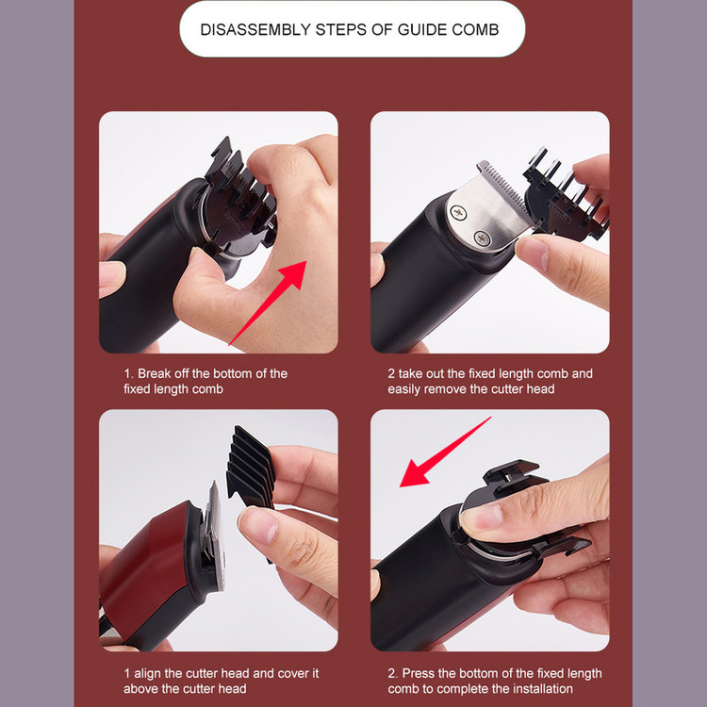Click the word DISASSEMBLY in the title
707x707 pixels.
pos(255,30)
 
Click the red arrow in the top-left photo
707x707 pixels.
pos(268,303)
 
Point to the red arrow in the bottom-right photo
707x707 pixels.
pos(445,452)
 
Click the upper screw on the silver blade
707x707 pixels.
pos(458,212)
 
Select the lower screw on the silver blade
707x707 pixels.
pos(482,238)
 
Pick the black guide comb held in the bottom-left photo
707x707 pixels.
pos(251,469)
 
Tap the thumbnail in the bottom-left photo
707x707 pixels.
pos(259,523)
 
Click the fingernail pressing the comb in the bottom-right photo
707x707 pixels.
pos(482,517)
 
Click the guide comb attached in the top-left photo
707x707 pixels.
pos(239,198)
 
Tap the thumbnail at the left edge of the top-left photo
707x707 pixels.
pos(111,275)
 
